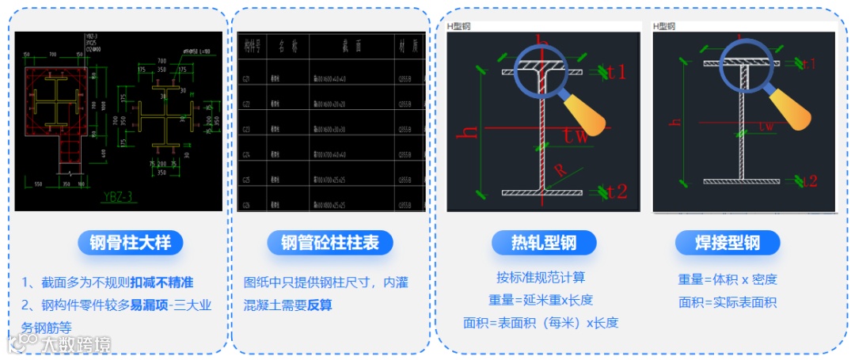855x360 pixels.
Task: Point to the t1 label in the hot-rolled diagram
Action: pyautogui.click(x=616, y=73)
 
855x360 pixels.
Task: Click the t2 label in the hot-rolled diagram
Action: pyautogui.click(x=616, y=191)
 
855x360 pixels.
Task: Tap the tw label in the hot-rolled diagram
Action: pyautogui.click(x=577, y=135)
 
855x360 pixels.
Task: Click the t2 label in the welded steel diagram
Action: pyautogui.click(x=807, y=181)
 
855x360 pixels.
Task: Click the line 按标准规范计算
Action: pyautogui.click(x=541, y=278)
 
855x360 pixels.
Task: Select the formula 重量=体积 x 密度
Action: pyautogui.click(x=727, y=279)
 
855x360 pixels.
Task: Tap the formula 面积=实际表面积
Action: pyautogui.click(x=727, y=302)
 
